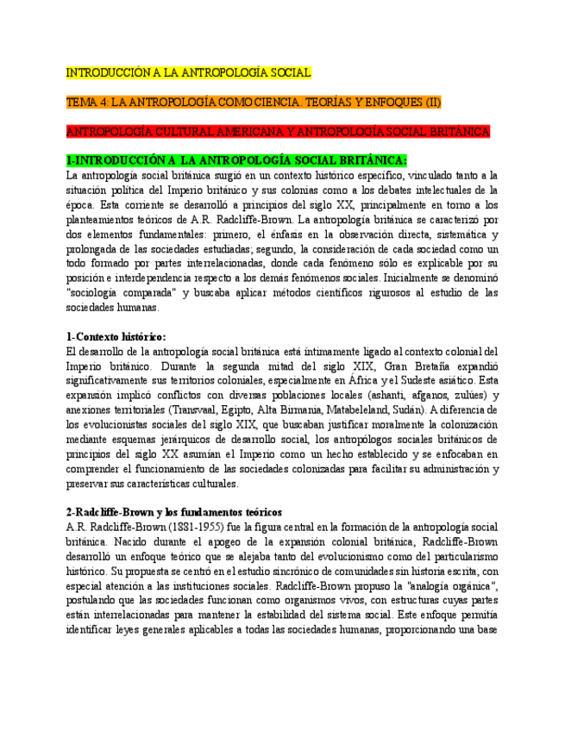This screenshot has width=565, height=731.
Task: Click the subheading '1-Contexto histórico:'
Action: pos(116,336)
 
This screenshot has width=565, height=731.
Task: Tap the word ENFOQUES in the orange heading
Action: pos(388,103)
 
